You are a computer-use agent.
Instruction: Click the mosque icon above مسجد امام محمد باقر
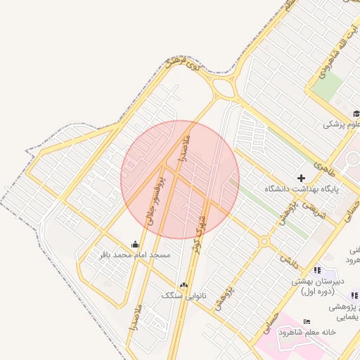pos(135,244)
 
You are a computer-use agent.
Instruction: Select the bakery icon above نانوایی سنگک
pos(184,285)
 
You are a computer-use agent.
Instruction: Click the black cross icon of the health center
pos(302,179)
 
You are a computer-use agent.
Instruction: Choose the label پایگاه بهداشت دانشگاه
pos(302,188)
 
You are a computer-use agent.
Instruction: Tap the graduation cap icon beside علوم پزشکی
pos(356,114)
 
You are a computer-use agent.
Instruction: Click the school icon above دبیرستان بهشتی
pos(317,271)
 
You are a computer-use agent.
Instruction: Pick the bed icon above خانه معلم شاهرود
pos(305,322)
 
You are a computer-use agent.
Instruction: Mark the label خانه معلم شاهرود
pos(307,332)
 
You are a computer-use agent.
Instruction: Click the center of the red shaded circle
pos(180,179)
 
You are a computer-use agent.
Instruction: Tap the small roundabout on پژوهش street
pos(264,241)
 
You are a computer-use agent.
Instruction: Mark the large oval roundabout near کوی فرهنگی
pos(224,88)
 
